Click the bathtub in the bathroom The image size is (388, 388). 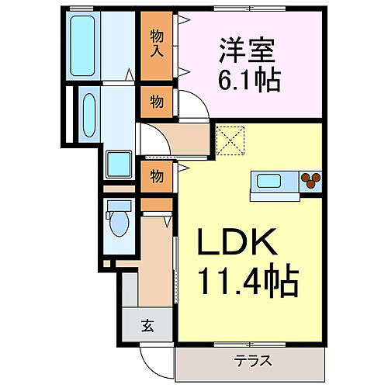[82, 46]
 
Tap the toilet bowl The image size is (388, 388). [120, 223]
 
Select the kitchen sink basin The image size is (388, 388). [268, 181]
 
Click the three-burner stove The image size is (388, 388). [311, 180]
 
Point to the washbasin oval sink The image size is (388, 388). [89, 115]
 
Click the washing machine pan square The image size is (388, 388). [119, 165]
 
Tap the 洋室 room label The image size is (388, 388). [247, 50]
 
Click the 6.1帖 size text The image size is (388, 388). [249, 80]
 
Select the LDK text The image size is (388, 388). [237, 241]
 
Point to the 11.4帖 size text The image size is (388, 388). [248, 281]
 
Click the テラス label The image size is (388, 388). [253, 360]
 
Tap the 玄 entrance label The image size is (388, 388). [148, 325]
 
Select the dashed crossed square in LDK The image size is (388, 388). [230, 140]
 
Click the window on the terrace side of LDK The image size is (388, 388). [250, 345]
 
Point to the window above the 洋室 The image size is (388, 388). [250, 9]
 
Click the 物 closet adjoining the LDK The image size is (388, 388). [157, 177]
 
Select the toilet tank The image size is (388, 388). [120, 206]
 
